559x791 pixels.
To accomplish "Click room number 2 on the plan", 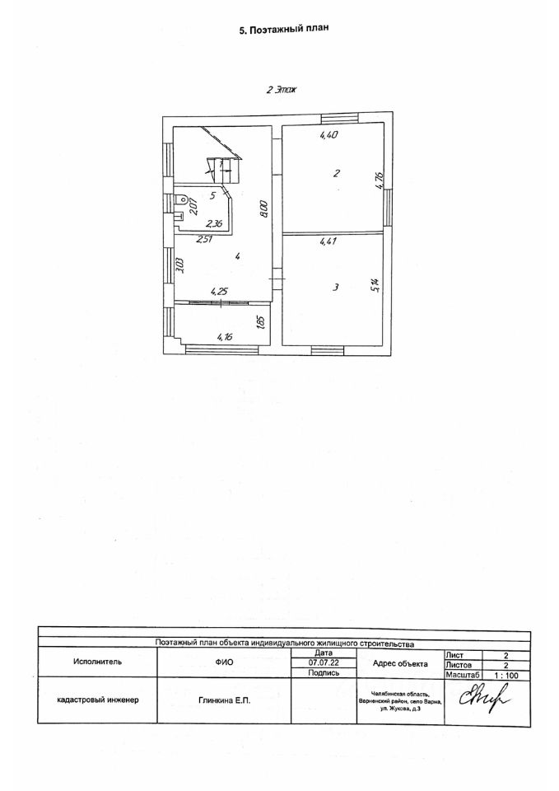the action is point(336,173).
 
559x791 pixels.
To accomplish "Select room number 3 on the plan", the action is point(335,288).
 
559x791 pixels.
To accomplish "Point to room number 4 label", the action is point(237,258).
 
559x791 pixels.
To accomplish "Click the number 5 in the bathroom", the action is point(212,196).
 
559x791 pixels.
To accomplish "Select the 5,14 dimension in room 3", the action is point(375,285).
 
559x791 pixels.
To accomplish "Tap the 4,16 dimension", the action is point(225,336).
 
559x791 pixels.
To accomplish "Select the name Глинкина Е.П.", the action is point(224,700).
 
